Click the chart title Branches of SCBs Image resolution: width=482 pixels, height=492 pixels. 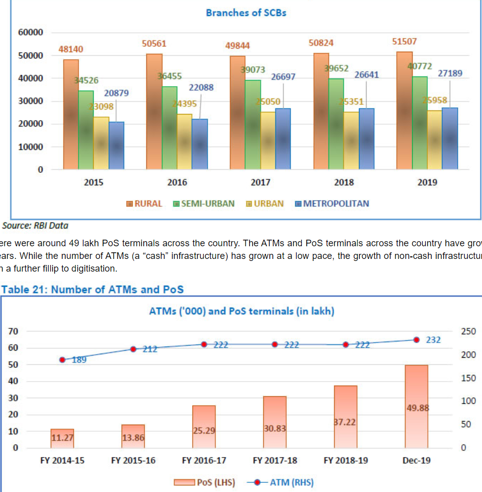tap(246, 13)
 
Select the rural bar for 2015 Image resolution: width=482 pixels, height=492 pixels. tap(71, 114)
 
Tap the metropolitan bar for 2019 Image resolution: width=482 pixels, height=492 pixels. tap(450, 138)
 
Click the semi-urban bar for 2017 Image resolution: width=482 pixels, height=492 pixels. tap(253, 124)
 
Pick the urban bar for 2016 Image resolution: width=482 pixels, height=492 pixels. tap(184, 141)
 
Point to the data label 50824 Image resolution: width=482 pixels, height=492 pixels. tap(321, 43)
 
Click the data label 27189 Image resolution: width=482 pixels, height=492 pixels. tap(450, 73)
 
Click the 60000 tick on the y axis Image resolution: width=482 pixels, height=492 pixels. tap(31, 32)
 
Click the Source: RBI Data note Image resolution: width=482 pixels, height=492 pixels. tap(35, 225)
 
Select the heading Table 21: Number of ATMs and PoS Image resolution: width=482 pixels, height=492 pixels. tap(92, 290)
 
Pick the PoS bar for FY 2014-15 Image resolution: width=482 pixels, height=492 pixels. tap(62, 438)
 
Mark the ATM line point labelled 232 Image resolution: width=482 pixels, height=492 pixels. tap(416, 340)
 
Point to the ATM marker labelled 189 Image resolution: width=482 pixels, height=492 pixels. tap(62, 360)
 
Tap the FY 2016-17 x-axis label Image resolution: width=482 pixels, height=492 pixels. tap(204, 461)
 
